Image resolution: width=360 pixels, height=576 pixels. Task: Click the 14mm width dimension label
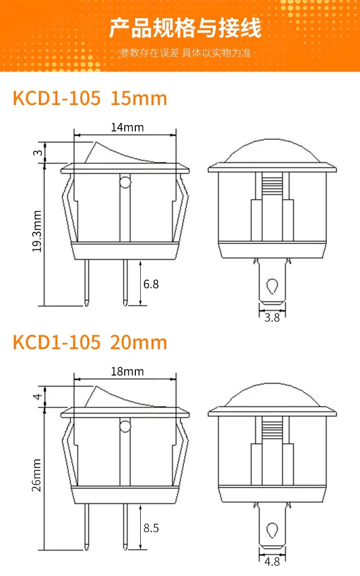pos(127,128)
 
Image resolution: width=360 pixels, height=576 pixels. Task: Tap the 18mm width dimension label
pos(127,372)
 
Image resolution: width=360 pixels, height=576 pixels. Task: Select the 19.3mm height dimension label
pos(37,231)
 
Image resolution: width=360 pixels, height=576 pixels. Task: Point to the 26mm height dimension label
pos(36,475)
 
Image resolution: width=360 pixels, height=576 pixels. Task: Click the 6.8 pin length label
pos(151,284)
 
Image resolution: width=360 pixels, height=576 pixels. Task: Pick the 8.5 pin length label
pos(151,528)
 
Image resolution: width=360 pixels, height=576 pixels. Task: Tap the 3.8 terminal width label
pos(272,318)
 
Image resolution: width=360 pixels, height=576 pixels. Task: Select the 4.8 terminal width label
pos(272,562)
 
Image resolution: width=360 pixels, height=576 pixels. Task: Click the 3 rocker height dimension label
pos(37,153)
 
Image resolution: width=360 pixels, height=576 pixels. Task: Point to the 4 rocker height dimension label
pos(37,397)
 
